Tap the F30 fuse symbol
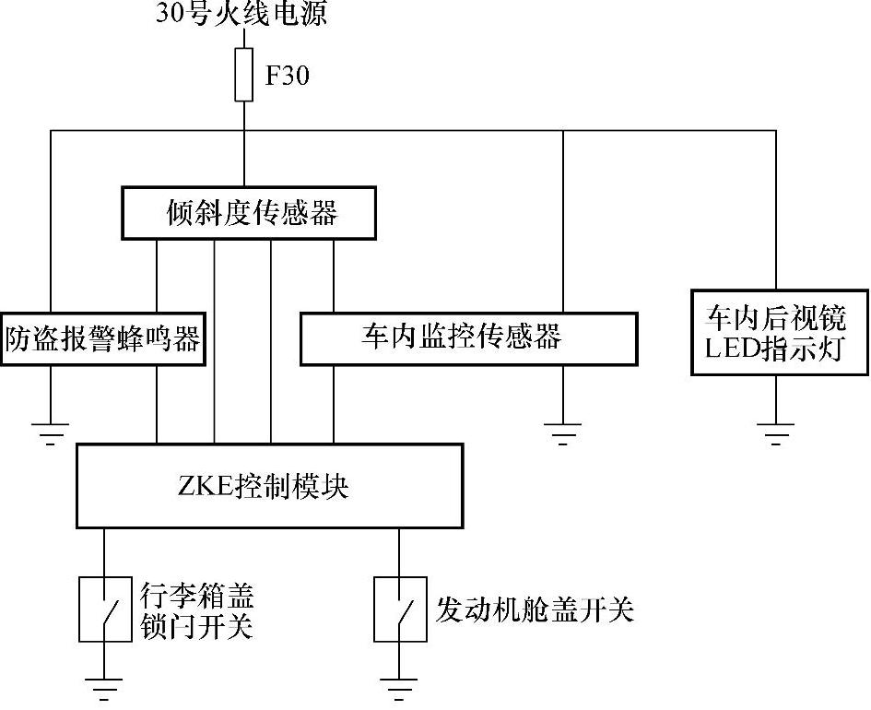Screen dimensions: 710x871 pos(244,76)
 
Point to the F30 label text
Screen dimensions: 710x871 pos(288,76)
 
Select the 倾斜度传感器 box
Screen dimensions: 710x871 pos(250,214)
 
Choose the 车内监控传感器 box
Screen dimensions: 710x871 pos(468,338)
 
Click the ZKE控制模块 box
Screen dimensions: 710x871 pos(269,486)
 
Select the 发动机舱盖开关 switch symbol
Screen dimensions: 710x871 pos(399,609)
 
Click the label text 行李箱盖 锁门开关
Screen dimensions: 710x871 pos(195,609)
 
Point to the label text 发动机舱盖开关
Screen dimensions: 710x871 pos(535,609)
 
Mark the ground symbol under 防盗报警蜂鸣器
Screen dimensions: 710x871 pos(51,432)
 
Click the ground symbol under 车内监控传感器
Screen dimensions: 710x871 pos(562,432)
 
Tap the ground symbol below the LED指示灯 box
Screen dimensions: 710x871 pos(775,432)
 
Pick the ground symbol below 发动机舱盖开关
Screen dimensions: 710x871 pos(399,687)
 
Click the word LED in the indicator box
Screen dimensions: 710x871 pos(729,350)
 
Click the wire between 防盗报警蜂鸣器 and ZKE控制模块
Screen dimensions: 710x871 pos(158,405)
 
